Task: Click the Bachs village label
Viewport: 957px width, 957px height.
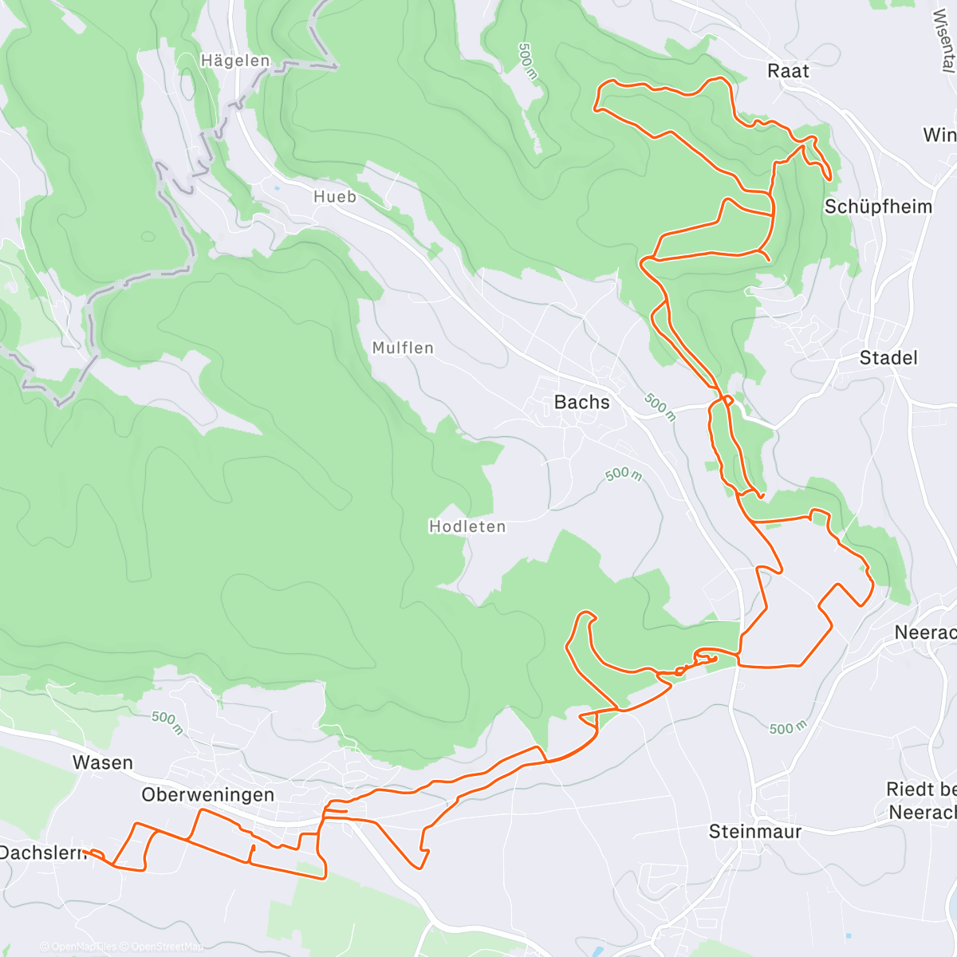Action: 581,402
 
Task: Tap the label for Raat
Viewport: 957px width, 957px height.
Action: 788,71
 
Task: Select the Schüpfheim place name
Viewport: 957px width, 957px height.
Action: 878,207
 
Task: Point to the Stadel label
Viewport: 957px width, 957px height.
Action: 888,358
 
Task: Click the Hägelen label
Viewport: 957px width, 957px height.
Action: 235,61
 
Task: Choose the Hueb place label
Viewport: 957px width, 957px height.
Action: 335,197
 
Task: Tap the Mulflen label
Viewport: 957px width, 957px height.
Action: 403,348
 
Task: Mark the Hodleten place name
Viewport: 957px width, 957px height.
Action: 467,526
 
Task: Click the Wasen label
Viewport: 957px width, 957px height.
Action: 103,762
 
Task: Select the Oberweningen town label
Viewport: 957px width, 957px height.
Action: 208,794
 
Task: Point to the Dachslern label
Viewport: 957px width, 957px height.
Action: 42,853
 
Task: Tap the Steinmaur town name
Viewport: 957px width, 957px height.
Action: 755,832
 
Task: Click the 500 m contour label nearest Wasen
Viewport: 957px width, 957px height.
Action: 167,723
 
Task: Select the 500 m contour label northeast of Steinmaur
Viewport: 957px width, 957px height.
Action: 788,727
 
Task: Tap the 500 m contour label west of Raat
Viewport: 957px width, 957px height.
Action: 527,61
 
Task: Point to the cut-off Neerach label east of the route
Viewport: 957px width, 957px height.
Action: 925,632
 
